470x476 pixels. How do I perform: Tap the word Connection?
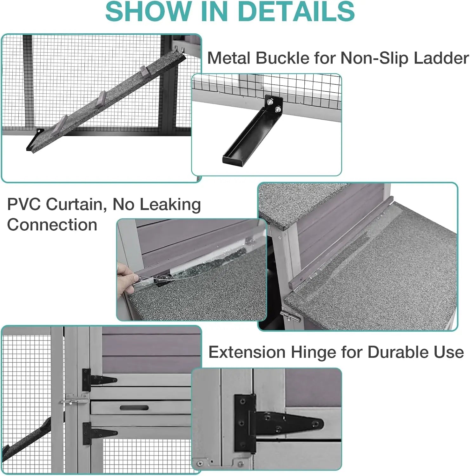pos(52,225)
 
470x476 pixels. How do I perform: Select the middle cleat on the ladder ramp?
pos(103,96)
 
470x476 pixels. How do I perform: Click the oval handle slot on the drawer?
pos(134,407)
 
